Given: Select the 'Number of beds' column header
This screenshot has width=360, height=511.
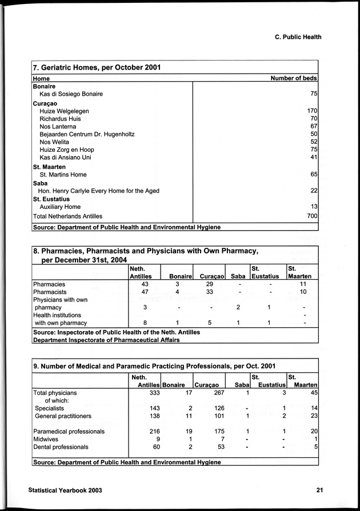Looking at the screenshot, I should (293, 78).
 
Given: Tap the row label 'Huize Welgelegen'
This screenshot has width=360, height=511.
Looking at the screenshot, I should (64, 111).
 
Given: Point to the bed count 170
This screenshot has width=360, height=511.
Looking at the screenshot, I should (312, 111).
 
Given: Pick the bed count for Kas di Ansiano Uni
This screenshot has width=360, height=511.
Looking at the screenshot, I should (313, 157).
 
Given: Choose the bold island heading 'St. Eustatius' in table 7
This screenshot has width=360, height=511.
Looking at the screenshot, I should (53, 199).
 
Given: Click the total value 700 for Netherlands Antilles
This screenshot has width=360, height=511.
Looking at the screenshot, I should (312, 216).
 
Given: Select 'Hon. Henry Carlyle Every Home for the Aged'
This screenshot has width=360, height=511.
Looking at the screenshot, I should (98, 191).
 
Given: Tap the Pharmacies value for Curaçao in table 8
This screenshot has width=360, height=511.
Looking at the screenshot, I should (210, 284).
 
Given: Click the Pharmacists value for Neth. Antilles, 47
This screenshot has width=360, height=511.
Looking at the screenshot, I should (145, 292).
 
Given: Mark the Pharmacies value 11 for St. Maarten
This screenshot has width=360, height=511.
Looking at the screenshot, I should (303, 284).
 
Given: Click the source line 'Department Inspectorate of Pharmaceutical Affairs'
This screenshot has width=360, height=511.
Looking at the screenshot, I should (107, 340).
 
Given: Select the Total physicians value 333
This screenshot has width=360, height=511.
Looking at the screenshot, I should (151, 393).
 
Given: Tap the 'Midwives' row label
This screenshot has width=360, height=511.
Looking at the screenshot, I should (47, 439).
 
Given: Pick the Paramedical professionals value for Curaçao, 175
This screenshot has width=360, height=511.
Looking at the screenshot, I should (216, 431).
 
